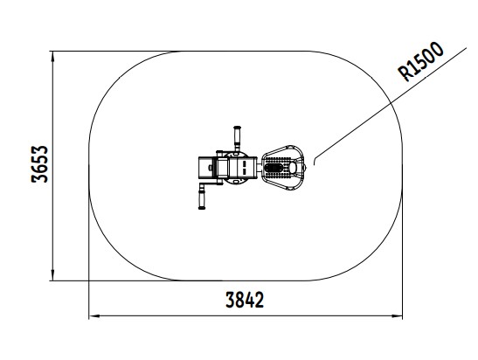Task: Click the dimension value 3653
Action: pyautogui.click(x=39, y=164)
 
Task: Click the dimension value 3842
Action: pyautogui.click(x=245, y=300)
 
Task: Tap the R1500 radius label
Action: pyautogui.click(x=420, y=61)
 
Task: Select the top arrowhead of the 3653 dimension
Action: pyautogui.click(x=53, y=57)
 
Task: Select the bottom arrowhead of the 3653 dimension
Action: pyautogui.click(x=53, y=275)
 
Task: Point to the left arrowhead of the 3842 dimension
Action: pyautogui.click(x=94, y=316)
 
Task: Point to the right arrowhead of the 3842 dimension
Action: pyautogui.click(x=397, y=316)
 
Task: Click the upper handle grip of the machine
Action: pyautogui.click(x=237, y=136)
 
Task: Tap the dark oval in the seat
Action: pyautogui.click(x=274, y=168)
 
